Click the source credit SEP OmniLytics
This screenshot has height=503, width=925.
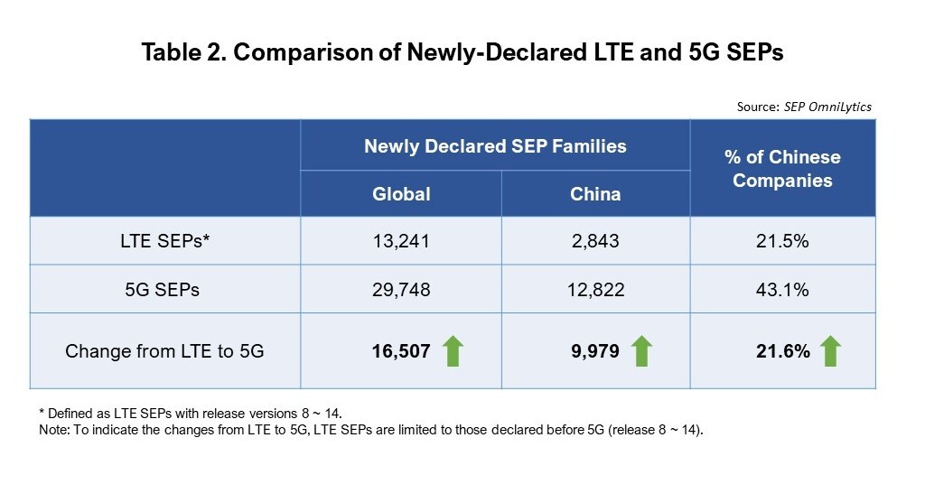pos(804,107)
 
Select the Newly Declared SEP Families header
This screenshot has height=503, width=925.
pos(495,145)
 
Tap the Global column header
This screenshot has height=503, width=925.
pos(402,194)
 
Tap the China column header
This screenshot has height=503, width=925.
pos(595,194)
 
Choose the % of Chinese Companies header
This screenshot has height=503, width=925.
pos(782,169)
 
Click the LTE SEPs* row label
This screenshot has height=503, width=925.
pos(164,241)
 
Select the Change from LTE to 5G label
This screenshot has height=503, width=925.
pos(164,351)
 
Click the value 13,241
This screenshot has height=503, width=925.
pos(401,241)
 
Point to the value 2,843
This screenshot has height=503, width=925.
pos(595,241)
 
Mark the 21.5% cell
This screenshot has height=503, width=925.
pos(782,241)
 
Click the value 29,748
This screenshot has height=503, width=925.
pos(401,289)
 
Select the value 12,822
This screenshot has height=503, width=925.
pos(595,289)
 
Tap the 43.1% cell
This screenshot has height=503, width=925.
pos(782,289)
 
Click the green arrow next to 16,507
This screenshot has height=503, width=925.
pos(453,350)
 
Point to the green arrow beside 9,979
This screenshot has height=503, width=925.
pos(642,350)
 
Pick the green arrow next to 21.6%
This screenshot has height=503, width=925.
pos(830,350)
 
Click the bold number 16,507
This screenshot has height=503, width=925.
pos(400,351)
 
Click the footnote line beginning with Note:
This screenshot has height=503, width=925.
pos(370,430)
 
